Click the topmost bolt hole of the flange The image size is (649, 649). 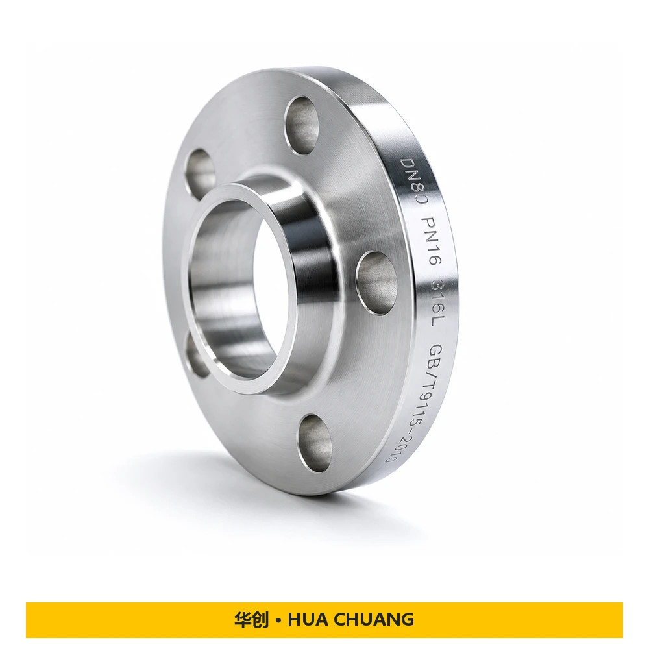click(302, 125)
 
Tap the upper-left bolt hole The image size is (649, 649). click(200, 173)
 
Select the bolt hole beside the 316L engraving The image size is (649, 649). click(376, 283)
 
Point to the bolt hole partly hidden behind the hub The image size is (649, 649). click(195, 356)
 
